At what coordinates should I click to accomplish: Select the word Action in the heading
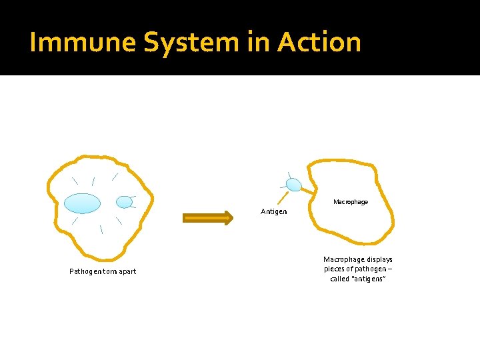pyautogui.click(x=319, y=43)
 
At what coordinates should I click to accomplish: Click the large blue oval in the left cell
pyautogui.click(x=83, y=203)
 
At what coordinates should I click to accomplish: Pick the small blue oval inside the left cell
pyautogui.click(x=125, y=201)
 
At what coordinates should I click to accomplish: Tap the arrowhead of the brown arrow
pyautogui.click(x=229, y=217)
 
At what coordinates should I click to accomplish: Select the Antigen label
pyautogui.click(x=274, y=211)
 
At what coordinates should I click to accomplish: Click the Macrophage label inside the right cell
pyautogui.click(x=350, y=201)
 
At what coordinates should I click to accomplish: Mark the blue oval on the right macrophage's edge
pyautogui.click(x=293, y=185)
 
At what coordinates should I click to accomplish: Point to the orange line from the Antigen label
pyautogui.click(x=283, y=197)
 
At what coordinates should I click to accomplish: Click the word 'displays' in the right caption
pyautogui.click(x=379, y=259)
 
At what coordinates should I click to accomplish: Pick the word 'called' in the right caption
pyautogui.click(x=339, y=278)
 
